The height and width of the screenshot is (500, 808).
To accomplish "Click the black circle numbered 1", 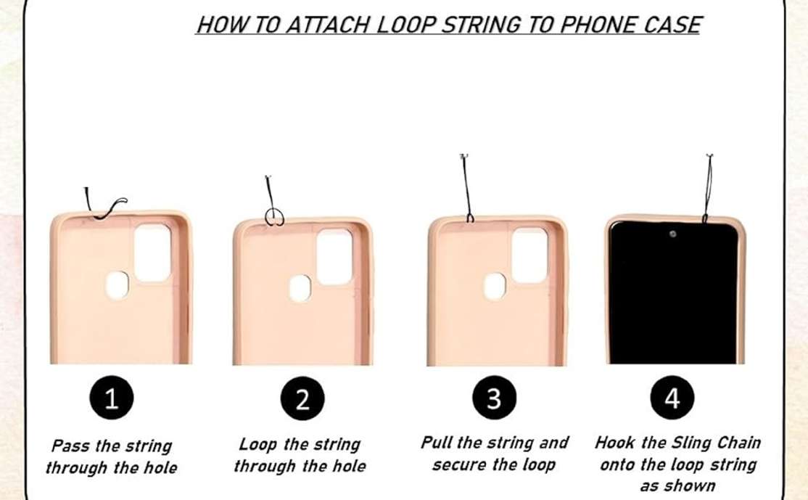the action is point(112,398).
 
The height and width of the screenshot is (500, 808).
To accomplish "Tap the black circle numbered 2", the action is point(302,398).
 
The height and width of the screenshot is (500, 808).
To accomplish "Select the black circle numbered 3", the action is point(494,398).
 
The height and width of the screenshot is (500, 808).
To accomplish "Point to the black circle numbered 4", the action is point(672,398).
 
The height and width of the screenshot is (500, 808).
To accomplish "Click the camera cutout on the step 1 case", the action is point(152,253).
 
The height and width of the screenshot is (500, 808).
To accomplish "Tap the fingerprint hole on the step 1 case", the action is point(117,285).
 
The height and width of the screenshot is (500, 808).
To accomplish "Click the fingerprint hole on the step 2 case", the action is point(300,288).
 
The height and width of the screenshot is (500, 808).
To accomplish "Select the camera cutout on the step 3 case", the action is point(529,255).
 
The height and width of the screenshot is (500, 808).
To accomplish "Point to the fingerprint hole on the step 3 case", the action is point(495,286).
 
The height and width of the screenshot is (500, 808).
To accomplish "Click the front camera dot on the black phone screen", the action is point(672,234).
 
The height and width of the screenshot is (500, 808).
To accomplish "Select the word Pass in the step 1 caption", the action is point(72,446).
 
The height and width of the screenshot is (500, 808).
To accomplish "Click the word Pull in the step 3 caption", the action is point(437,442).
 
